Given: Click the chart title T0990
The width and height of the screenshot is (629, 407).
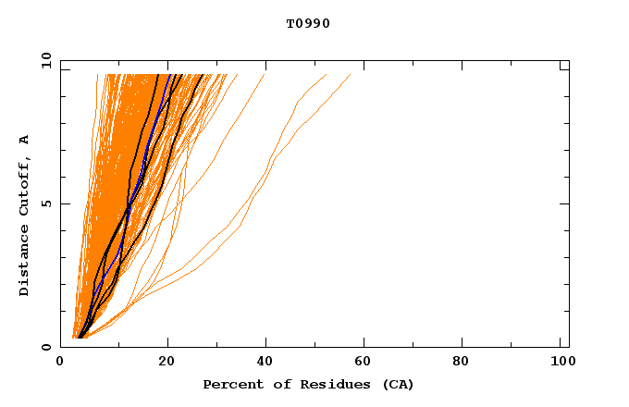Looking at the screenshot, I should coord(308,24).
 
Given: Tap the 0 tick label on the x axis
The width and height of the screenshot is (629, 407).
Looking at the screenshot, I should coord(61,362).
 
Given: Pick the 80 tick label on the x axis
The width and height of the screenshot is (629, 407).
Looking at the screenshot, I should coord(464,362).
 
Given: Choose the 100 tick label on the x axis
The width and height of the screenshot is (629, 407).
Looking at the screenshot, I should coord(561,362).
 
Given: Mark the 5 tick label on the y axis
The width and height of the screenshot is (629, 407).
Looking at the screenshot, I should coord(48,204).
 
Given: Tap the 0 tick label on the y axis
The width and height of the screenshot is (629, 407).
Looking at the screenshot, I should coord(48,347).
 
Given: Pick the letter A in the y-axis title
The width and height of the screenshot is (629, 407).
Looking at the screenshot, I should coord(25,139).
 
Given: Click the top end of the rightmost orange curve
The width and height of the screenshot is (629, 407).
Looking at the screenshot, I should coord(351,74).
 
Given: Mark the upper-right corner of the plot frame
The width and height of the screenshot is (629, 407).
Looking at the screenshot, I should coord(569,61).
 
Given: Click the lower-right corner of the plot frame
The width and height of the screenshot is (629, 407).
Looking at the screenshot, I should coord(569,347).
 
